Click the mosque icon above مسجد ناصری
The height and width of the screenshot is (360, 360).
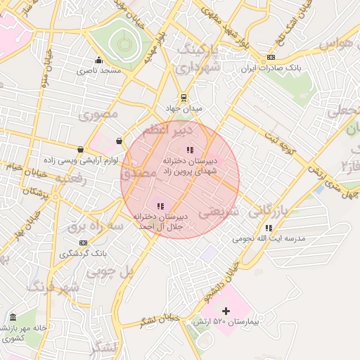tap(98, 60)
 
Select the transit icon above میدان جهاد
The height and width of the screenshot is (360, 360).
tap(184, 98)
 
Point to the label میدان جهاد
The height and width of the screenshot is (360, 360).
tap(184, 109)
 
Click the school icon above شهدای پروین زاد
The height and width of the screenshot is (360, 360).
tap(190, 149)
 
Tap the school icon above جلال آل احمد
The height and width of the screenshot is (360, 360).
tap(161, 206)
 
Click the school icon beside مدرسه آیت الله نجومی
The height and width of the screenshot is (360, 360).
tap(269, 228)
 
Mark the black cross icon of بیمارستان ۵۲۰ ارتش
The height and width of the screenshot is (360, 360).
tap(226, 311)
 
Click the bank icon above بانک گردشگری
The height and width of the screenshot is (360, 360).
tap(84, 243)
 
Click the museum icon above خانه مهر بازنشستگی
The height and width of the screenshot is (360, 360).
tap(13, 317)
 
